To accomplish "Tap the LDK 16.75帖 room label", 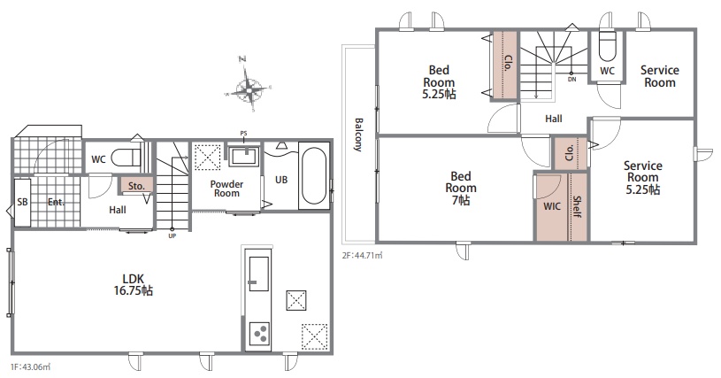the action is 134,285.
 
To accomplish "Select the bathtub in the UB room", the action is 314,175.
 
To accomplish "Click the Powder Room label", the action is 226,189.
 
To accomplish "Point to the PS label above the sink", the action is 243,134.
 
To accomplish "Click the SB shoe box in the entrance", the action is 22,203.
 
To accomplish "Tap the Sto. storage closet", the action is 136,186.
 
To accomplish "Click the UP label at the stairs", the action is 173,235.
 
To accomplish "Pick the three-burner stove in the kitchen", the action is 259,334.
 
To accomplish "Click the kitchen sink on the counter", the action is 258,274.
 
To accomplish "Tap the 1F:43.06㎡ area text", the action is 30,367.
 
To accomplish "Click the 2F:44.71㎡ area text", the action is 362,255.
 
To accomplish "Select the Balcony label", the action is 358,135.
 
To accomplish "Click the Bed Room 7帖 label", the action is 461,188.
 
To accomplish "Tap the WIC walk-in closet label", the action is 552,206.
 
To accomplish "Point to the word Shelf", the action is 577,207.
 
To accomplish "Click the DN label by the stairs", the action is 571,79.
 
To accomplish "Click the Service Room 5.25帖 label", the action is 643,178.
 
